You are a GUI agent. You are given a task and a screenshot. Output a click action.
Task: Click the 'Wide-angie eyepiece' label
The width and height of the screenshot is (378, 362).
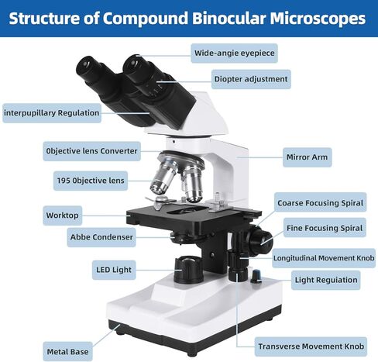coord(234,53)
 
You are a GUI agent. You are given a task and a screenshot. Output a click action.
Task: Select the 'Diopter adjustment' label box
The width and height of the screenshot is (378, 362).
coord(251,79)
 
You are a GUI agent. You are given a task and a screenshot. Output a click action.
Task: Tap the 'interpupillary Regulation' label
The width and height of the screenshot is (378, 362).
coord(52,113)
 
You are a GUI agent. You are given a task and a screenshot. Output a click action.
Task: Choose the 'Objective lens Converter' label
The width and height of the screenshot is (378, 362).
coord(91,151)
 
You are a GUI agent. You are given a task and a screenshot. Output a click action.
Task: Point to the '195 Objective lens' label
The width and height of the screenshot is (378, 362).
coord(91,181)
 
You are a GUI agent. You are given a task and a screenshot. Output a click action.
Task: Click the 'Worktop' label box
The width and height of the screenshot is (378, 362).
coord(62,215)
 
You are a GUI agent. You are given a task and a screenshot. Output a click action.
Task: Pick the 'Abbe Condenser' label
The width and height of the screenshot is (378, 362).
coord(101,237)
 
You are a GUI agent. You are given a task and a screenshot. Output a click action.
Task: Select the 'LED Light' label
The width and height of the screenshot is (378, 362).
coord(114,270)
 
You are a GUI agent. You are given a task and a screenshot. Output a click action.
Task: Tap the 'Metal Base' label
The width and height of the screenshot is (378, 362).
coord(67,351)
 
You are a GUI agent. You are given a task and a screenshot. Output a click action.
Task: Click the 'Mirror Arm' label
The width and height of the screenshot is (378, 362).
coord(307,157)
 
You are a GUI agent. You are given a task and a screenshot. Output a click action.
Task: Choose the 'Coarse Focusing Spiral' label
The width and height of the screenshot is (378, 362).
coord(320,203)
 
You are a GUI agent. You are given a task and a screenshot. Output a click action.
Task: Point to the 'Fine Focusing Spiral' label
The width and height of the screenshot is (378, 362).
coord(325,228)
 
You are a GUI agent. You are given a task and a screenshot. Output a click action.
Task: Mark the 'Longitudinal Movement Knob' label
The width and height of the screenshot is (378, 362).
coord(324,258)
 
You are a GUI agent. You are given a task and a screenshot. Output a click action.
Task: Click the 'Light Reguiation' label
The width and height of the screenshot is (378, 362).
coord(326,280)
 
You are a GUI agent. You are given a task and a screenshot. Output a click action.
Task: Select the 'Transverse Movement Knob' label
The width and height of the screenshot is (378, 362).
coord(311,346)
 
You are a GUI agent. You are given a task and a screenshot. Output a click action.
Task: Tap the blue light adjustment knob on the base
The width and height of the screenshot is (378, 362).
coord(256,276)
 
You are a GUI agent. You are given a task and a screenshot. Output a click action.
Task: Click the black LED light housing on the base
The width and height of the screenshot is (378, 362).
coord(188,270)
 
